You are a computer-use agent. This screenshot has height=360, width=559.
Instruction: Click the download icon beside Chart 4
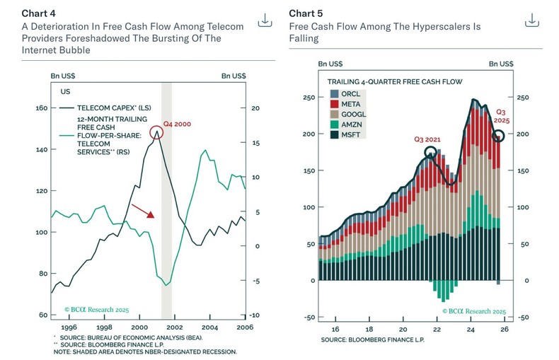265,21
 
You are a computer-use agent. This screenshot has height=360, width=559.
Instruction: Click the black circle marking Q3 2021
430,153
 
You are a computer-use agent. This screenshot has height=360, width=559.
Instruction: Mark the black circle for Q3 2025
499,136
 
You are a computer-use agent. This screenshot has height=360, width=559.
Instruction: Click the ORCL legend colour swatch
333,93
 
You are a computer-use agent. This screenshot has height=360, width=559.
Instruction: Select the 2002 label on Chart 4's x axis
175,328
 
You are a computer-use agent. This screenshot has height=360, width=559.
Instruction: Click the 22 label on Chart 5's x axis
437,330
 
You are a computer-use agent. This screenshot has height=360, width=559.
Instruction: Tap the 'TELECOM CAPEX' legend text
99,108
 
